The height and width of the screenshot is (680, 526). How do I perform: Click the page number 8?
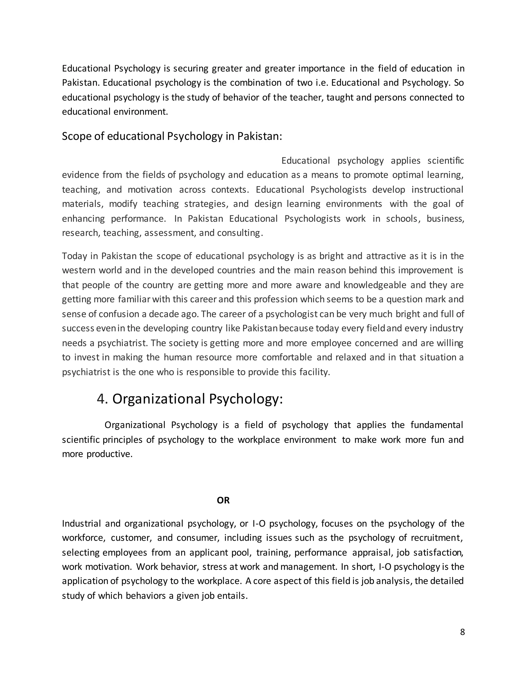pyautogui.click(x=462, y=632)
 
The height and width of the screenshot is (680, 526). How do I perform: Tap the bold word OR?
pyautogui.click(x=223, y=500)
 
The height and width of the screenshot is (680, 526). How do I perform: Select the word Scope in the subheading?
pyautogui.click(x=74, y=136)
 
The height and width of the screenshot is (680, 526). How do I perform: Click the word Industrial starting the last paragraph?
pyautogui.click(x=81, y=523)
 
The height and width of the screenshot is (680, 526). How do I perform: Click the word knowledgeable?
pyautogui.click(x=375, y=285)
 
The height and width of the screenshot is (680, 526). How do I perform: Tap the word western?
pyautogui.click(x=79, y=270)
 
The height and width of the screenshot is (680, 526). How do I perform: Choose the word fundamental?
pyautogui.click(x=437, y=425)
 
